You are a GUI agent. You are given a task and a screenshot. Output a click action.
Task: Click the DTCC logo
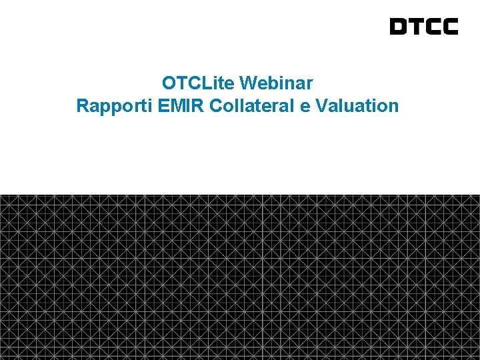click(424, 27)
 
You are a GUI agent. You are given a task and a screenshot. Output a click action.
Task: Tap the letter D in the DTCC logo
click(398, 27)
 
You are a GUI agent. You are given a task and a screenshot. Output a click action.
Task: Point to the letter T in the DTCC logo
click(415, 27)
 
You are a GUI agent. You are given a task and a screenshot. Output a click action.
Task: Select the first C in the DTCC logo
click(433, 27)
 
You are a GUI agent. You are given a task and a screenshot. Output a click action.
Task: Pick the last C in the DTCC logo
click(450, 27)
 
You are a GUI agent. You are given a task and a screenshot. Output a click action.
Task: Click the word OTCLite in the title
click(198, 83)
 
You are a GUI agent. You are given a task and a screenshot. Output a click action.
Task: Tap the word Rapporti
click(107, 105)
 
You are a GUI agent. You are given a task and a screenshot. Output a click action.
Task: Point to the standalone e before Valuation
click(305, 106)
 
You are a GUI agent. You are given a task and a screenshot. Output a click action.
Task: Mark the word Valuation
click(358, 105)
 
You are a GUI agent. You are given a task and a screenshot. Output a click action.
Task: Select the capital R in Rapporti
click(82, 105)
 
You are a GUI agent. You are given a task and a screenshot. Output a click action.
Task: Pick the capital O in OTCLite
click(168, 83)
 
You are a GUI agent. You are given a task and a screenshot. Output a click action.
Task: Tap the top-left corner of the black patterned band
click(1, 195)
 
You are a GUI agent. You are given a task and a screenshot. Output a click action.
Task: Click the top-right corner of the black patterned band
click(479, 195)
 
